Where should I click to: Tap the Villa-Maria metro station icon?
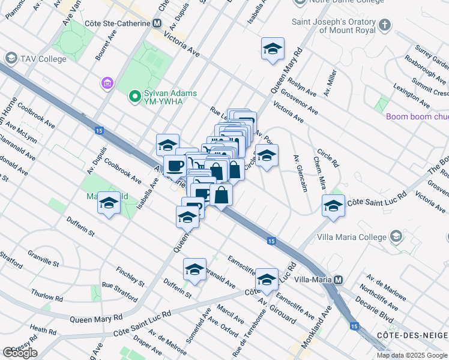339,280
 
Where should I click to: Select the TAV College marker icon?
10,58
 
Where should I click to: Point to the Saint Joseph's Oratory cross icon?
385,25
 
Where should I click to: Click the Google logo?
20,353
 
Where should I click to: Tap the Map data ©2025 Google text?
412,355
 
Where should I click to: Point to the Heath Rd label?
43,331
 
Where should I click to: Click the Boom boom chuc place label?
417,117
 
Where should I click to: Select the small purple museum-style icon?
108,83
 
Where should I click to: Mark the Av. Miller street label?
331,79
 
